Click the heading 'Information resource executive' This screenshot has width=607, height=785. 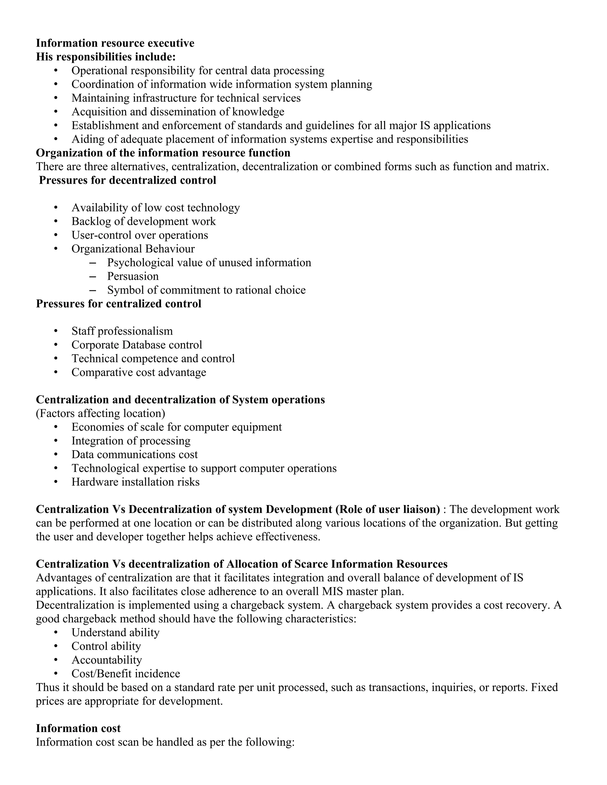(115, 43)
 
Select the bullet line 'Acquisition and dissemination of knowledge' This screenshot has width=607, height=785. (178, 112)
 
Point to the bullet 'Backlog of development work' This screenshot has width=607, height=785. (143, 221)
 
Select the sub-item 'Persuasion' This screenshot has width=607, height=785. (133, 276)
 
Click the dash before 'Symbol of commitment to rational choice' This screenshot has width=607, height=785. (92, 290)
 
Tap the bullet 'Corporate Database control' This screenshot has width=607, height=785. (137, 345)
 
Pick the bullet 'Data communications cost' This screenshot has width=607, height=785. (135, 455)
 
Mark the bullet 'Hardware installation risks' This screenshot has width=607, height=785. (135, 482)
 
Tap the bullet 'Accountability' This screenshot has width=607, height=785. (106, 660)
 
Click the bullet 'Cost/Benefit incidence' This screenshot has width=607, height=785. (125, 674)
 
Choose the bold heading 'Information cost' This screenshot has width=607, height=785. (78, 729)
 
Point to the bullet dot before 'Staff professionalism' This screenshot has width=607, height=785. (56, 331)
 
